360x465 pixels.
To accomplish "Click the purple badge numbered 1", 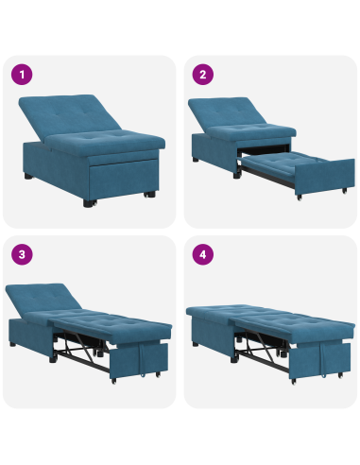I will [21, 75].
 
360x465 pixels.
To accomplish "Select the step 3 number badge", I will [21, 254].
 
